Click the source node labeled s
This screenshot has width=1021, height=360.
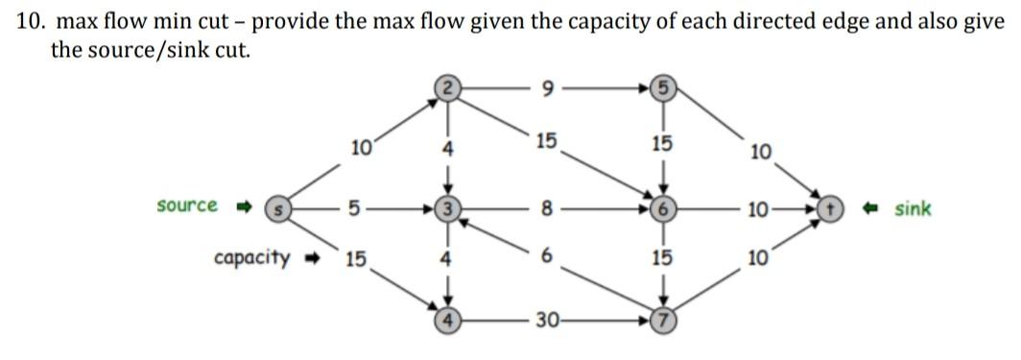point(277,207)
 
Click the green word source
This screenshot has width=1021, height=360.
point(186,206)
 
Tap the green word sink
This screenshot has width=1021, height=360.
point(912,208)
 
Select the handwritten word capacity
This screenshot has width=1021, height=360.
point(252,257)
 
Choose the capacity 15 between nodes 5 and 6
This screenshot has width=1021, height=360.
point(661,145)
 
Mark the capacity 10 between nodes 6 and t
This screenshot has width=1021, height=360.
point(757,208)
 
